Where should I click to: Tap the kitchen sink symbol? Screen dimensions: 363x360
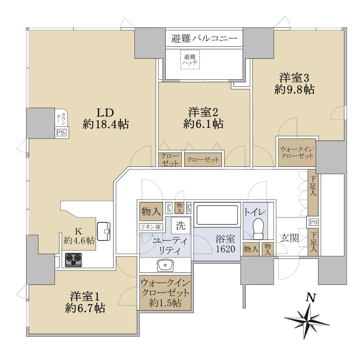103,231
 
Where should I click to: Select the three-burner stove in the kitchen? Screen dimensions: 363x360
74,260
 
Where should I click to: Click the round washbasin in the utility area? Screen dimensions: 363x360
165,265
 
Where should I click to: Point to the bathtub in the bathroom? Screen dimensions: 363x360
217,215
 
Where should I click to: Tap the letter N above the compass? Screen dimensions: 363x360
310,298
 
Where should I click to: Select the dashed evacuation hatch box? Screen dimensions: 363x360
190,60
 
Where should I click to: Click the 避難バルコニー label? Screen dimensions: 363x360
204,38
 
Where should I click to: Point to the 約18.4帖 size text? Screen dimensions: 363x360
106,124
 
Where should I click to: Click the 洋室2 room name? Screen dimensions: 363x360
203,112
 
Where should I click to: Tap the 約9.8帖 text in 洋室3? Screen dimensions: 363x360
294,90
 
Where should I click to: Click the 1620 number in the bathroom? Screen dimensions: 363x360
225,249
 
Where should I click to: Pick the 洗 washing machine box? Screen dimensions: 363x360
181,225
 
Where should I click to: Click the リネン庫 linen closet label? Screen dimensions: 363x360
151,227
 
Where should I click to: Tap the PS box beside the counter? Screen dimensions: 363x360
61,133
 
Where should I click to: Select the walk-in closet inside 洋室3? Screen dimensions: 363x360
297,153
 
